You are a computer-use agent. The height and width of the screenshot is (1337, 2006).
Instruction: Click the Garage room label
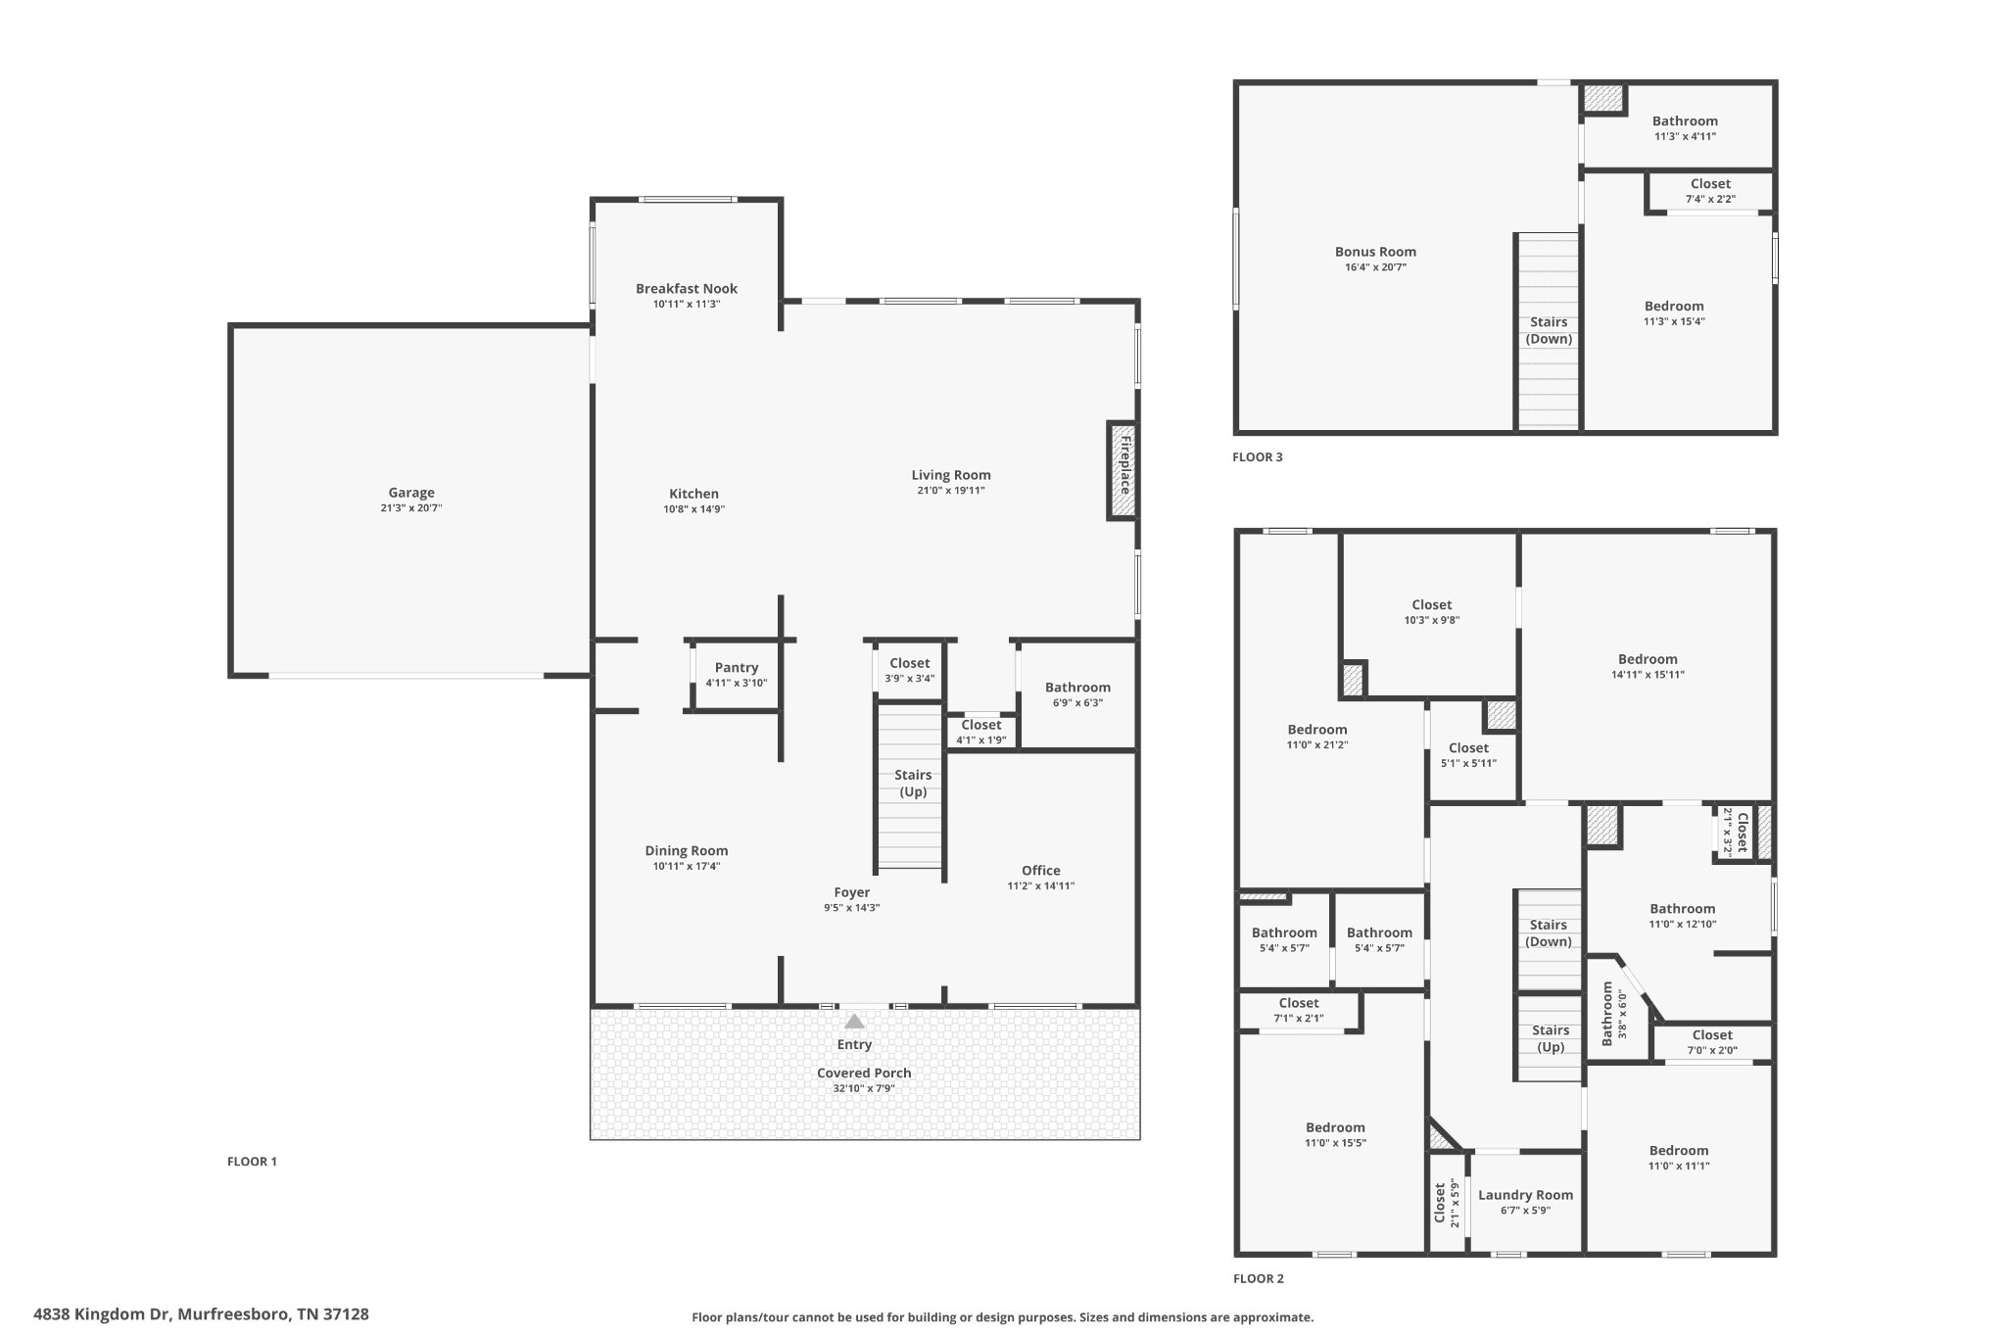pos(410,493)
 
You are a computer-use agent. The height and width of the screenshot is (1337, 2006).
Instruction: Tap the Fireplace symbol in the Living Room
pos(1122,469)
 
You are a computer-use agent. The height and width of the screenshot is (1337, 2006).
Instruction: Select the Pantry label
pos(736,668)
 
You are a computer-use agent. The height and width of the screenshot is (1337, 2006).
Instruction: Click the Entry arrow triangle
pos(854,1021)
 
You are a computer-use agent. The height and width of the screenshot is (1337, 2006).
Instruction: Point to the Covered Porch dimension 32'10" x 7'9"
pos(863,1088)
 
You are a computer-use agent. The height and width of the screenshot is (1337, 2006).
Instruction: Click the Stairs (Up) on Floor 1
pos(912,784)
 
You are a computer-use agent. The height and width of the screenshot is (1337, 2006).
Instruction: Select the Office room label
pos(1040,870)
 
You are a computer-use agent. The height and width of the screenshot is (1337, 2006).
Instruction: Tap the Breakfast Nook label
pos(686,288)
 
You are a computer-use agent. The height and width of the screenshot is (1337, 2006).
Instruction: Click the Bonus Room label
pos(1375,252)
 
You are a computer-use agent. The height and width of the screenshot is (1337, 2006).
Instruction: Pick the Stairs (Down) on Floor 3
pos(1549,330)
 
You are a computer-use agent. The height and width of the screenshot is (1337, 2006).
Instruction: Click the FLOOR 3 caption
pos(1257,456)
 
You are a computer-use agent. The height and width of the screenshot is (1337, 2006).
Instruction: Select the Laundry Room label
pos(1525,1195)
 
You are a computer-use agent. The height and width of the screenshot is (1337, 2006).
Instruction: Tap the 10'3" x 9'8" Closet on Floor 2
pos(1431,612)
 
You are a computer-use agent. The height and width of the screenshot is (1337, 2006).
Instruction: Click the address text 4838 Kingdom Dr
pos(201,1314)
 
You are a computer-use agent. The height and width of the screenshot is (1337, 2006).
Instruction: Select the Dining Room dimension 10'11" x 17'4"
pos(686,866)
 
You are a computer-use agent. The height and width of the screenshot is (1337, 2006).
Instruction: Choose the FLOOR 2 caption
pos(1258,1278)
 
